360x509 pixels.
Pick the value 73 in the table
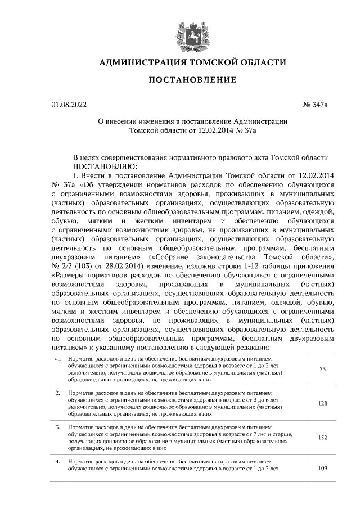322,369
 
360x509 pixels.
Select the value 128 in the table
322,403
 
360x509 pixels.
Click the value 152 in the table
322,438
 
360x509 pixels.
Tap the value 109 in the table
322,469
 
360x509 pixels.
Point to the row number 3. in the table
58,427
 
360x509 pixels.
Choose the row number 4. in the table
58,462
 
